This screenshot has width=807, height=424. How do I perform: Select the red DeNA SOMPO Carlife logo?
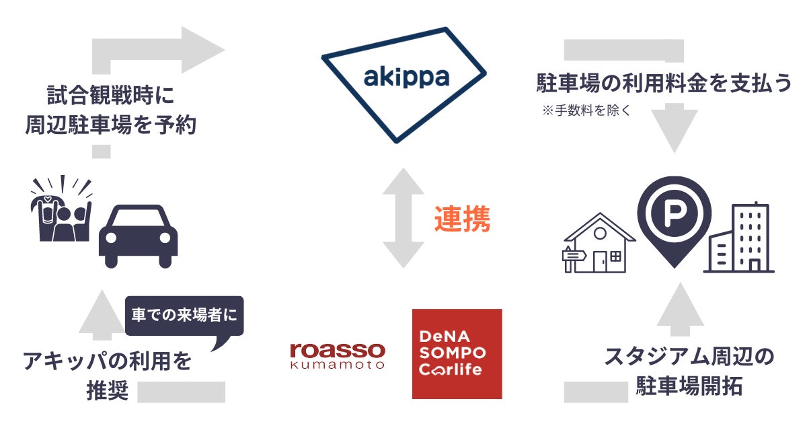(x=457, y=353)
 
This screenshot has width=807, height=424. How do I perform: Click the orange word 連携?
(x=462, y=219)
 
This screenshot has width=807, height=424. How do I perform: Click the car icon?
(x=138, y=237)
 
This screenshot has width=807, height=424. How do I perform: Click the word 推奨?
(x=107, y=391)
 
